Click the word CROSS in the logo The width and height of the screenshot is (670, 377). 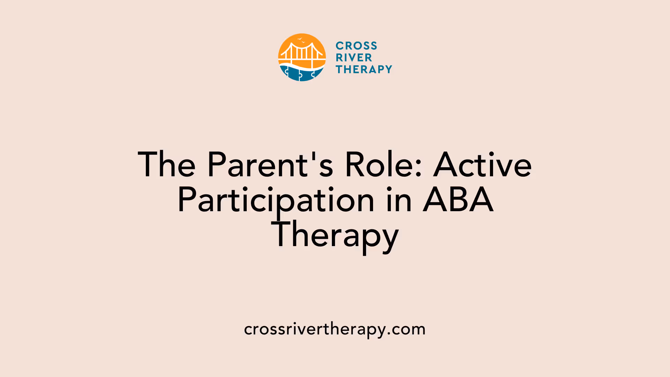[356, 46]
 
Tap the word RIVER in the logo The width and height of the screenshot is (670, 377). [354, 58]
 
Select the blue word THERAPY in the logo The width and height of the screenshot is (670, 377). [364, 69]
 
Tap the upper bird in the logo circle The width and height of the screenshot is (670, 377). [299, 39]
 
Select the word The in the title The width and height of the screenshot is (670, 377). [166, 165]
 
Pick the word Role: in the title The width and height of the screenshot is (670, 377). [384, 165]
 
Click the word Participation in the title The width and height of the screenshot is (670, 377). [276, 200]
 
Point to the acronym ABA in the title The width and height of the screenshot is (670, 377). [458, 200]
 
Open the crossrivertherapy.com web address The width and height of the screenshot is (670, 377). [335, 329]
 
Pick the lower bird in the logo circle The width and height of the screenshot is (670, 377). [303, 42]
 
